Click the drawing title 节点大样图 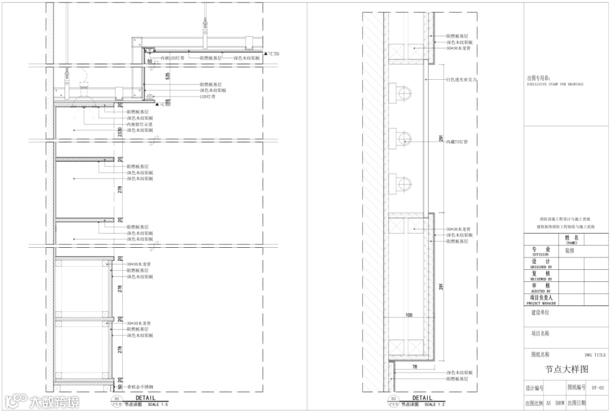566,369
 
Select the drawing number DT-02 597,388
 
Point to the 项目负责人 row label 541,298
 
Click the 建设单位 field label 540,312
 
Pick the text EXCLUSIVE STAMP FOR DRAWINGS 554,84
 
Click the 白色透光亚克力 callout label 462,80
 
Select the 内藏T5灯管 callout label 457,141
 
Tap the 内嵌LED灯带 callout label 173,58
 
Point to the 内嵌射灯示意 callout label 140,124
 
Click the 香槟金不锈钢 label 140,387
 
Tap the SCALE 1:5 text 157,405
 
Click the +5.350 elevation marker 272,54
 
